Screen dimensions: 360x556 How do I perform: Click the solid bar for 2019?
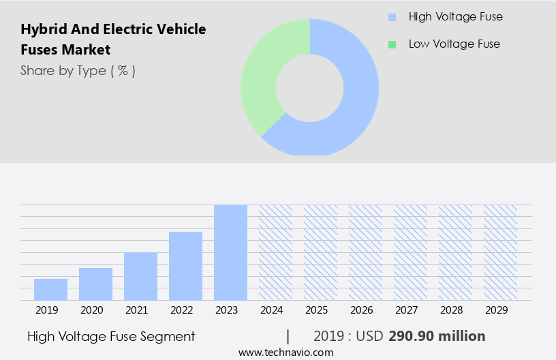click(x=50, y=290)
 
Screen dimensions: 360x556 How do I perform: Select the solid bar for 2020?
click(x=95, y=284)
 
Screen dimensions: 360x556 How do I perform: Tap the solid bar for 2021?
click(x=140, y=276)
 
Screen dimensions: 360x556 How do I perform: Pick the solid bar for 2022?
click(x=185, y=266)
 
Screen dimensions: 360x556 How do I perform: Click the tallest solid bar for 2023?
click(x=230, y=252)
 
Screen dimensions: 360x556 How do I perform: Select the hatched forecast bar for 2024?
click(x=275, y=252)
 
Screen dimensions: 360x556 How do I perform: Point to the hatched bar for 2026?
click(x=365, y=252)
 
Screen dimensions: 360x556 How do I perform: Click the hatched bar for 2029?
click(x=500, y=252)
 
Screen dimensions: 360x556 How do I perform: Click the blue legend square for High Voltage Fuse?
click(x=391, y=17)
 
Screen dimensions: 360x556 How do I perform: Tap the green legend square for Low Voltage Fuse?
click(x=391, y=44)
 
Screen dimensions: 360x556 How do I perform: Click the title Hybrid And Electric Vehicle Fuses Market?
click(x=113, y=40)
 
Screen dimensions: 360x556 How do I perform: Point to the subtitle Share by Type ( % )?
click(x=78, y=70)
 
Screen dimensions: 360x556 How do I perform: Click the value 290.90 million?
click(x=437, y=336)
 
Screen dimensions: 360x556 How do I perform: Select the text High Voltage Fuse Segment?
click(x=111, y=336)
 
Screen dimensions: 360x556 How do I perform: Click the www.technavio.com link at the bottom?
click(x=286, y=352)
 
